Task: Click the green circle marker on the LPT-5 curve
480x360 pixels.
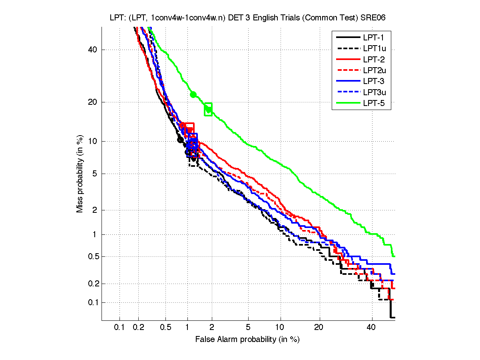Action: pos(193,95)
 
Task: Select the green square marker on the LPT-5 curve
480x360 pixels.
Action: pos(208,109)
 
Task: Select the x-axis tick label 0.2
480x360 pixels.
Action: pos(139,327)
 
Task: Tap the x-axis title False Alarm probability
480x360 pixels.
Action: pos(247,340)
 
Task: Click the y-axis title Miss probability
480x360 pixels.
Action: pos(80,174)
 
